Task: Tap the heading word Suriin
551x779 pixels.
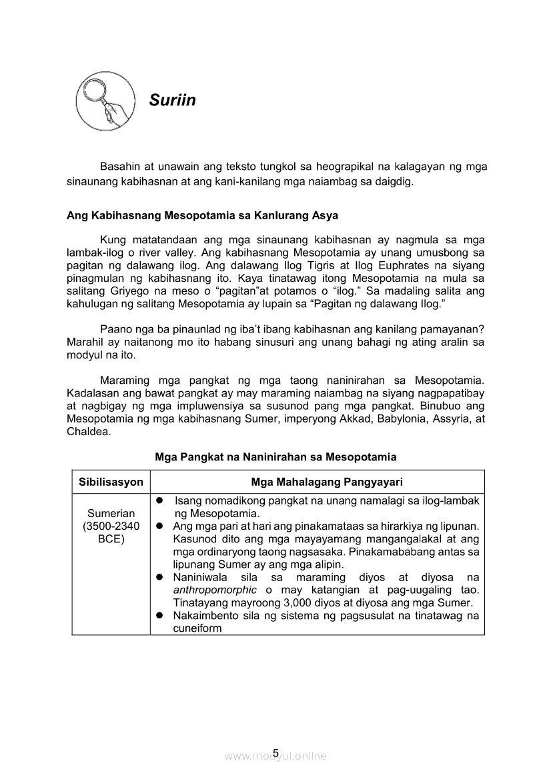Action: tap(172, 101)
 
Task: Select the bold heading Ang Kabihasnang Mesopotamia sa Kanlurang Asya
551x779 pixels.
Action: tap(202, 215)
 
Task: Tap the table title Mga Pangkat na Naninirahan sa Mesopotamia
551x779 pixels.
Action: tap(275, 457)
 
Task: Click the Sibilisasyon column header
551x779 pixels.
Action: tap(111, 482)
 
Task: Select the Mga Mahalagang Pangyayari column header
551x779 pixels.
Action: tap(318, 482)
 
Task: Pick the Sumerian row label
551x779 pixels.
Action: tap(111, 514)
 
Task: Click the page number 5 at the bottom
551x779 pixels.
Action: tap(275, 754)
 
